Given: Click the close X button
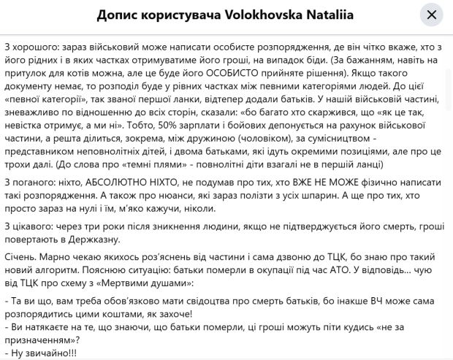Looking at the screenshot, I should tap(431, 15).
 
